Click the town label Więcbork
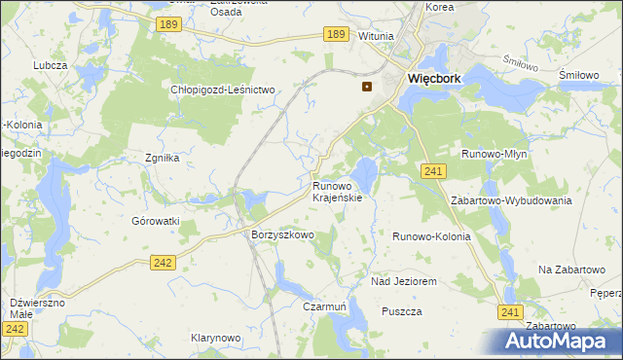pyautogui.click(x=433, y=79)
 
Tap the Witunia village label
pyautogui.click(x=376, y=36)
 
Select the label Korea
pyautogui.click(x=440, y=6)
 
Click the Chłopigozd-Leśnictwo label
pyautogui.click(x=224, y=90)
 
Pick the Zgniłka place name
pyautogui.click(x=164, y=157)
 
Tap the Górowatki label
pyautogui.click(x=156, y=221)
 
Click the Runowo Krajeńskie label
pyautogui.click(x=337, y=191)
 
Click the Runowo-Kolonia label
pyautogui.click(x=431, y=236)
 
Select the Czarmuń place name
pyautogui.click(x=325, y=306)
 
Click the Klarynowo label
pyautogui.click(x=215, y=338)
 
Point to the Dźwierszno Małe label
pyautogui.click(x=37, y=308)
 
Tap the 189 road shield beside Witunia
pyautogui.click(x=336, y=34)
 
